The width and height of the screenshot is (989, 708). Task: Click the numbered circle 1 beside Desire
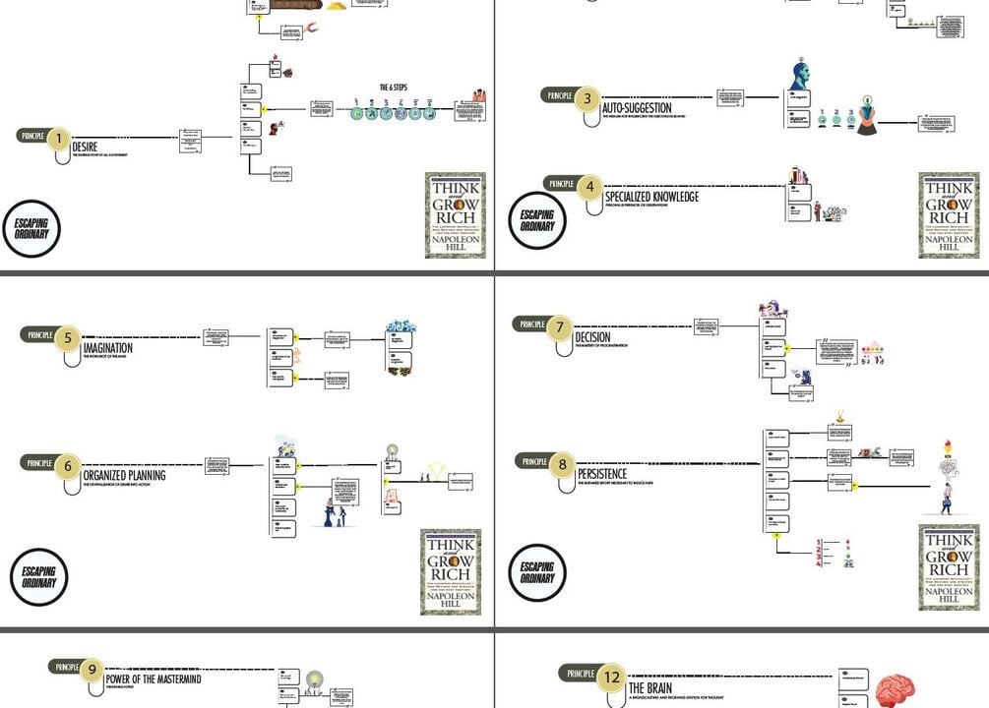(x=58, y=139)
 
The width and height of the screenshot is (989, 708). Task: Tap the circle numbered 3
(x=587, y=98)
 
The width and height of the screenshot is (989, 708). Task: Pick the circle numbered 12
(x=612, y=677)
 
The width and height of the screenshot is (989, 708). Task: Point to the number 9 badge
(x=91, y=670)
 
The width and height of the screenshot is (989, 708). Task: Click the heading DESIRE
(x=85, y=147)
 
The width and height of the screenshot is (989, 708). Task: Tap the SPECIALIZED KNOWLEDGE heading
(x=651, y=197)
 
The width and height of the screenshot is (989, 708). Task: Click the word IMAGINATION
(x=108, y=348)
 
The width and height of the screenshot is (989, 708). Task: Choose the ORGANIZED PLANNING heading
(x=124, y=476)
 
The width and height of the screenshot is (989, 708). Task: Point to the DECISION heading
(x=592, y=337)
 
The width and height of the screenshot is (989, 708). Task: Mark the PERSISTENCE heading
(x=602, y=474)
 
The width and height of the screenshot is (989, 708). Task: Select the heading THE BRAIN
(x=650, y=687)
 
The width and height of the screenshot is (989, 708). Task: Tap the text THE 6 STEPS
(x=394, y=88)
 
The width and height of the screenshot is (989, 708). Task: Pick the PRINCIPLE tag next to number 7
(x=532, y=324)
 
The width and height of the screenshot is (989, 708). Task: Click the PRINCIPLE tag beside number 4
(x=561, y=184)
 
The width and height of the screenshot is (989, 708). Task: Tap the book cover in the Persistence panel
(x=950, y=567)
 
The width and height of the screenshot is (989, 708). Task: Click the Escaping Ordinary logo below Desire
(x=31, y=229)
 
